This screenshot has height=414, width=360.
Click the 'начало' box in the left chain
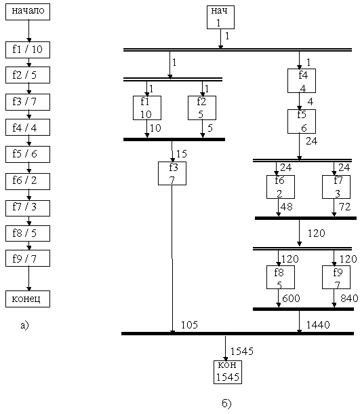(28, 12)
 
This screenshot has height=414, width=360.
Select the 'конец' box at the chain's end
(28, 299)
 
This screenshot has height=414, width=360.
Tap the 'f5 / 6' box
(28, 154)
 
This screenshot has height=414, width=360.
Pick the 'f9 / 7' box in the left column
(28, 258)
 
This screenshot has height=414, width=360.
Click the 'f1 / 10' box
(28, 50)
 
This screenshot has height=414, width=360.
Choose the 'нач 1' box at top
(220, 17)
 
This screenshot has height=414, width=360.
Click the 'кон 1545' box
(228, 372)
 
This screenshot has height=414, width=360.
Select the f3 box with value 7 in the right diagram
(172, 173)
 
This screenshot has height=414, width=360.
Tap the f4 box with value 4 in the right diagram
(302, 81)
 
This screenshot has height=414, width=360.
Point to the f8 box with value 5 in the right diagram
(281, 277)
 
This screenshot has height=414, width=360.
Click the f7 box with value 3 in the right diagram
(336, 187)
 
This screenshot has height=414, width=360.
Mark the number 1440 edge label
(318, 325)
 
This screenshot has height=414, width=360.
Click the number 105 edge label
(189, 325)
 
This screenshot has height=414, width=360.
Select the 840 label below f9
(349, 299)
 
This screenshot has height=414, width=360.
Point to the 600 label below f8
(291, 299)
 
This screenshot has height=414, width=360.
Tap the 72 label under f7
(344, 207)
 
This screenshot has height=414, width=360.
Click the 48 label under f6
(287, 207)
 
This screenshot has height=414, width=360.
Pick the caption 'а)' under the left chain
(24, 325)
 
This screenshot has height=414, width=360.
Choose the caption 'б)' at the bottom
(226, 403)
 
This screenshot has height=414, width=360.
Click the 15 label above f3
(182, 153)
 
